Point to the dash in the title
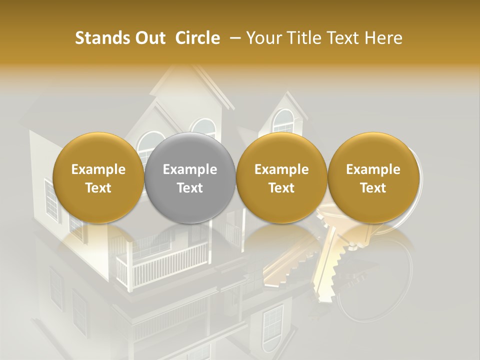(x=233, y=38)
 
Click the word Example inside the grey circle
(x=190, y=169)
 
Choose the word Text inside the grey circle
(x=190, y=188)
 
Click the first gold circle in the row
(x=98, y=178)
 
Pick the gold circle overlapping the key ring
(x=373, y=178)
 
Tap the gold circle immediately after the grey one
(x=281, y=178)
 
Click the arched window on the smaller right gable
(x=283, y=121)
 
